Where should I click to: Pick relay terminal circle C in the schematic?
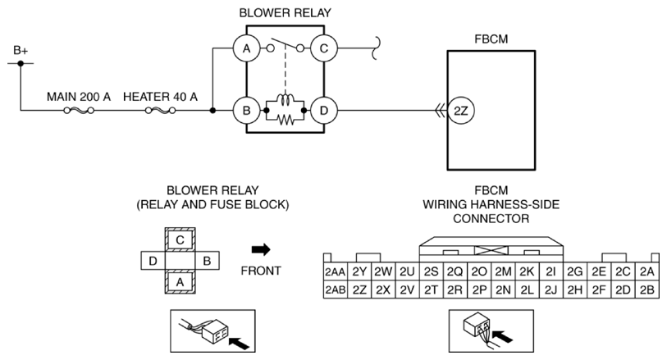click(x=324, y=48)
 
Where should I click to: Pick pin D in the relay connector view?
click(x=153, y=262)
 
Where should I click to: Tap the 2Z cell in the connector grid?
click(x=359, y=289)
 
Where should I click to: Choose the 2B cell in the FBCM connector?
click(x=646, y=289)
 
